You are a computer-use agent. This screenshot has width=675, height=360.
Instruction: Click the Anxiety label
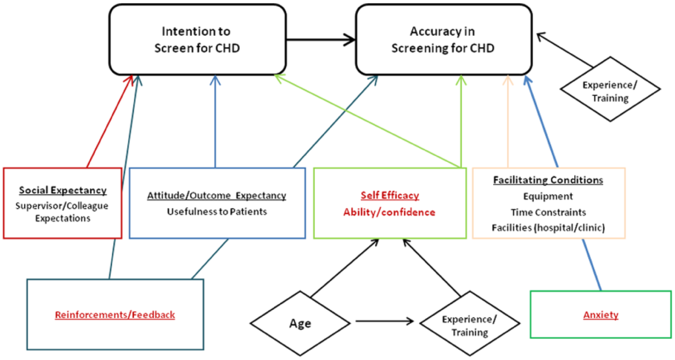[x=601, y=315]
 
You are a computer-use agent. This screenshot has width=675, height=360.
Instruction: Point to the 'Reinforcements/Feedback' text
[x=115, y=315]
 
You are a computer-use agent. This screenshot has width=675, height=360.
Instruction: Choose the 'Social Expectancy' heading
[x=63, y=190]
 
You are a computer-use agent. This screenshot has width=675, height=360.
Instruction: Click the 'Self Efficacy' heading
[x=390, y=195]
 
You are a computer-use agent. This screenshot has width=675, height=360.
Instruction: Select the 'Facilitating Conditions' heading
[x=548, y=180]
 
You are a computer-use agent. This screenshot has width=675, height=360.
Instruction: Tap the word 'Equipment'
[x=548, y=196]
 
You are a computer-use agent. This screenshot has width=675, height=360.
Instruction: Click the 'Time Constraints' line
[x=548, y=212]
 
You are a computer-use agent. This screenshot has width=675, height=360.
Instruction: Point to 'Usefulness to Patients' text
[x=217, y=212]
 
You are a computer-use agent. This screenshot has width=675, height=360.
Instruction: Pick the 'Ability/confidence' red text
[x=390, y=212]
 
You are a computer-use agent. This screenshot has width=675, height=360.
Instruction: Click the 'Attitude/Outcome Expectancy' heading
[x=216, y=196]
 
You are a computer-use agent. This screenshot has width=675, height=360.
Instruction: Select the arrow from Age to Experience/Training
[x=385, y=321]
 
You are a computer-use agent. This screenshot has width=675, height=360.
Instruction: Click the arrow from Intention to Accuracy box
[x=321, y=40]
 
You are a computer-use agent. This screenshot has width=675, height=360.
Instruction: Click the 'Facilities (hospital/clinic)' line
[x=548, y=228]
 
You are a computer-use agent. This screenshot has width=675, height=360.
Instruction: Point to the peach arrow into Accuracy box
[x=508, y=121]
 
